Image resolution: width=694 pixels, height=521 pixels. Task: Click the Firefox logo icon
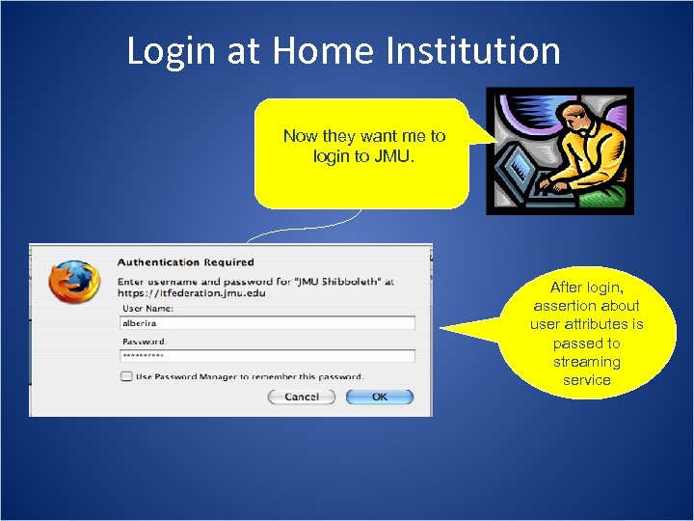point(74,281)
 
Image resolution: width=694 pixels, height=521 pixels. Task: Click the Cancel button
point(301,397)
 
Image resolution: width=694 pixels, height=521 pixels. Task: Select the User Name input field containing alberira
point(267,323)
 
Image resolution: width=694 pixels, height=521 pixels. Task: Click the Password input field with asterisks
point(267,356)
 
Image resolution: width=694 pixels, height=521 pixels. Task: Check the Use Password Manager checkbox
point(126,376)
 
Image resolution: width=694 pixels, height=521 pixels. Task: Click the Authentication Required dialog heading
point(185,261)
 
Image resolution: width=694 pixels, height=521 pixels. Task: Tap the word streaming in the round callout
point(586,362)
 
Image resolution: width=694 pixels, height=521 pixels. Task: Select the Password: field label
point(144,342)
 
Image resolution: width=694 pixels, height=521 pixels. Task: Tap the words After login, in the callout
point(586,288)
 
